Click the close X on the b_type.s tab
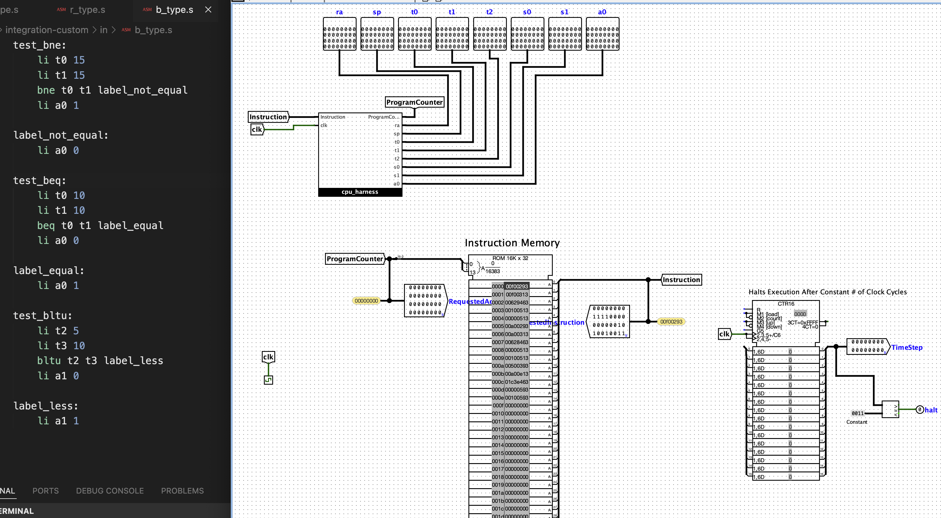click(208, 10)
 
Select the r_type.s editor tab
click(87, 10)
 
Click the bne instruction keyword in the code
click(46, 90)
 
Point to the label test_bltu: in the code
click(42, 316)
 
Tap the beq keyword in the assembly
click(46, 225)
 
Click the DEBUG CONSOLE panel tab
click(110, 491)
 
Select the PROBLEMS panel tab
click(182, 491)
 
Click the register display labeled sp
click(377, 34)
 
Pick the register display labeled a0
click(602, 34)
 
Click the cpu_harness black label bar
click(360, 192)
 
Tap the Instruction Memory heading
click(512, 243)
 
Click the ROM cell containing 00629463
click(516, 302)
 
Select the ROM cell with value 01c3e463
click(516, 382)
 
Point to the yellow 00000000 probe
click(366, 301)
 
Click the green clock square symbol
click(268, 380)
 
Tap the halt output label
click(931, 410)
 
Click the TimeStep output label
click(907, 347)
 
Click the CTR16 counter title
click(786, 304)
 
